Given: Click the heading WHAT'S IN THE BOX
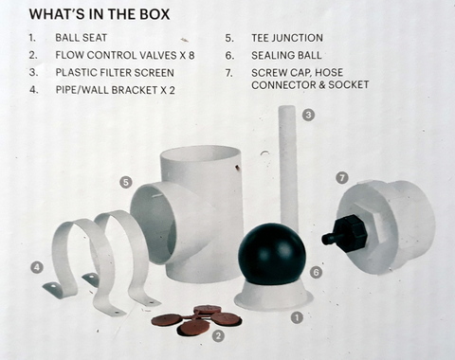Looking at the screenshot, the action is tap(100, 14).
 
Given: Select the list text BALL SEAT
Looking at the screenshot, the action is tap(82, 38).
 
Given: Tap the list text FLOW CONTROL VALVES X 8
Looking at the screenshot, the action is tap(125, 55).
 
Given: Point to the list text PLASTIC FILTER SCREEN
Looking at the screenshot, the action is tap(115, 72).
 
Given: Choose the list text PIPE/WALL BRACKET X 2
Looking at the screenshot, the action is tap(116, 90).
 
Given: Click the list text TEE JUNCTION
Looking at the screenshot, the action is tap(287, 38).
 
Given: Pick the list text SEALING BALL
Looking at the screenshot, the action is tap(286, 55).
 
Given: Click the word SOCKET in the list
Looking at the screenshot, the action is tap(349, 84).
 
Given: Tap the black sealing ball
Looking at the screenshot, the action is tap(272, 253).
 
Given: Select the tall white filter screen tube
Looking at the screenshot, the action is tap(288, 168).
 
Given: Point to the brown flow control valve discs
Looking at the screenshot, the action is tap(196, 319).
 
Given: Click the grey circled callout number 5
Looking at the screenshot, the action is tap(126, 183).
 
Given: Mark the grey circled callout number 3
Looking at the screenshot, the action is tap(308, 115).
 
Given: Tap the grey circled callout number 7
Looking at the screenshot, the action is tap(342, 178).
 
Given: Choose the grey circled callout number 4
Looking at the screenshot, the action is tap(37, 268).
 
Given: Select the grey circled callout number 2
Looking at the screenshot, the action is tap(218, 335).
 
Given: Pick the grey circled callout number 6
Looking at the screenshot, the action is tap(316, 272).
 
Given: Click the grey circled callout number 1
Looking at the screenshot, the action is tap(297, 317).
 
